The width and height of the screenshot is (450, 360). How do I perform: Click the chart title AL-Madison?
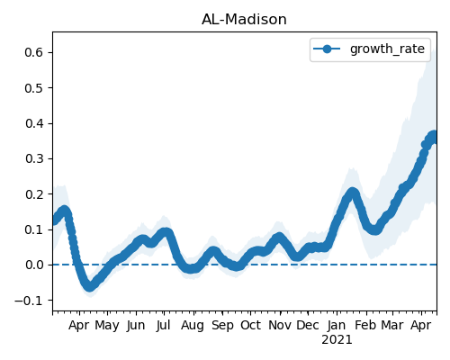click(244, 20)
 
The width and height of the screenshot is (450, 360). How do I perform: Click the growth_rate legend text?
click(387, 49)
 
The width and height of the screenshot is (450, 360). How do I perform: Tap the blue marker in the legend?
click(327, 49)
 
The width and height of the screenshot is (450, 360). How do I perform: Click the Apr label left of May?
click(78, 325)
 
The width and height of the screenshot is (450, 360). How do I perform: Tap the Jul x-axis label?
click(163, 325)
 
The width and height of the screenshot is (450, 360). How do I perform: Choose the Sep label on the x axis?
click(222, 325)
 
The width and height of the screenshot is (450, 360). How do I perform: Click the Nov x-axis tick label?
click(280, 325)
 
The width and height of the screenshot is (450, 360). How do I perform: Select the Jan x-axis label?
click(337, 325)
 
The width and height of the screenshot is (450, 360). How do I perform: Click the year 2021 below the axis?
click(337, 340)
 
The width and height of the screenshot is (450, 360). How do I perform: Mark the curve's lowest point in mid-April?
click(89, 286)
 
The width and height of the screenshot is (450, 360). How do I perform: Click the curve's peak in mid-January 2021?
click(353, 193)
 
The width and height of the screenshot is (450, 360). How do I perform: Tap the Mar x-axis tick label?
click(392, 325)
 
